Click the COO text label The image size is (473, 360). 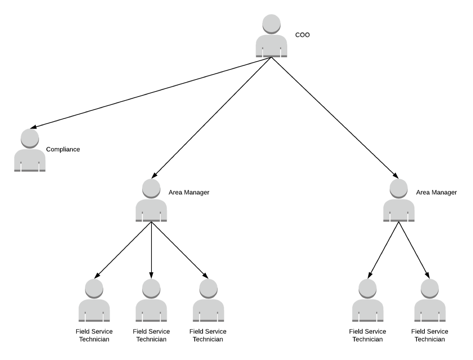pos(302,35)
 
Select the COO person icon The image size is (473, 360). pos(271,40)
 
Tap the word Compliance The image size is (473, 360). pos(63,149)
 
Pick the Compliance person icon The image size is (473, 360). pos(30,154)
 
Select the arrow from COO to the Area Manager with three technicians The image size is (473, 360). pos(212,116)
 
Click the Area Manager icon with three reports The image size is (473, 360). pos(151,203)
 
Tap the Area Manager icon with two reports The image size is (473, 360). pos(399,203)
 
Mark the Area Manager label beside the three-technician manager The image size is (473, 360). pos(189,192)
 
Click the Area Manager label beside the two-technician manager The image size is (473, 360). pos(436,192)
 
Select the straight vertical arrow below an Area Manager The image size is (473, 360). pos(151,248)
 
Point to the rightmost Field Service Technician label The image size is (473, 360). pos(430,335)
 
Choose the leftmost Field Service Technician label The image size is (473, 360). pos(94,335)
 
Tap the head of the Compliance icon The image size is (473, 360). pos(30,138)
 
